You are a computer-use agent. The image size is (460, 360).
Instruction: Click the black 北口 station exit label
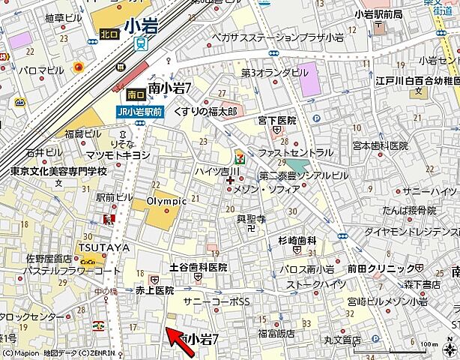coord(109,34)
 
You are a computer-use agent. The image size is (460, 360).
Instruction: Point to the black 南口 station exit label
coord(136,94)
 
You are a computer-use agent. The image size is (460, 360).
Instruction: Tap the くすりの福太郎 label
coord(205,110)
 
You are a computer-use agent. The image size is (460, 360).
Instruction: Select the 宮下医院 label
coord(277,120)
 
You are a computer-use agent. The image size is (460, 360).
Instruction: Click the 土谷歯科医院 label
coord(198,267)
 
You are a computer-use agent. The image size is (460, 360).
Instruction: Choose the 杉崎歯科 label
coord(297,241)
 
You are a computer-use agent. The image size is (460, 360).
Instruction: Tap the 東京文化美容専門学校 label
coord(58,171)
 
